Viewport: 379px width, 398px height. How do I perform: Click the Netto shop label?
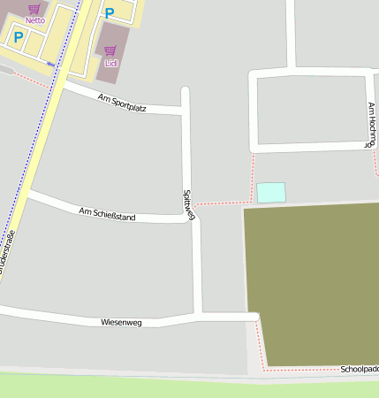point(35,19)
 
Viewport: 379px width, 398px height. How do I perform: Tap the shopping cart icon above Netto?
point(34,9)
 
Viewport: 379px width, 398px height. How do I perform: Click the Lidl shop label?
point(110,63)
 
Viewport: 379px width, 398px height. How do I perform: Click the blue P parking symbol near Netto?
point(18,37)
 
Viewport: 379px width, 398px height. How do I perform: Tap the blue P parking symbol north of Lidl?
point(110,13)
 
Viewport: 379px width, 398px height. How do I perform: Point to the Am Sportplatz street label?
point(123,104)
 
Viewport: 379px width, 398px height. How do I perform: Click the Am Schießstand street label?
point(107,213)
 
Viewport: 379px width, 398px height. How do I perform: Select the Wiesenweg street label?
point(122,323)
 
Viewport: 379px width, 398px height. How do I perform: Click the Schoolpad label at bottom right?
point(359,369)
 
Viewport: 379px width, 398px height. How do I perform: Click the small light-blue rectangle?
point(271,192)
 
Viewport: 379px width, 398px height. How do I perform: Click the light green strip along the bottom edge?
point(177,387)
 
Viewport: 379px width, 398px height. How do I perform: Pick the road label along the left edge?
point(7,252)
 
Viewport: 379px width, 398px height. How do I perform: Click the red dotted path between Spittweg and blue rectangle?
point(221,203)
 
